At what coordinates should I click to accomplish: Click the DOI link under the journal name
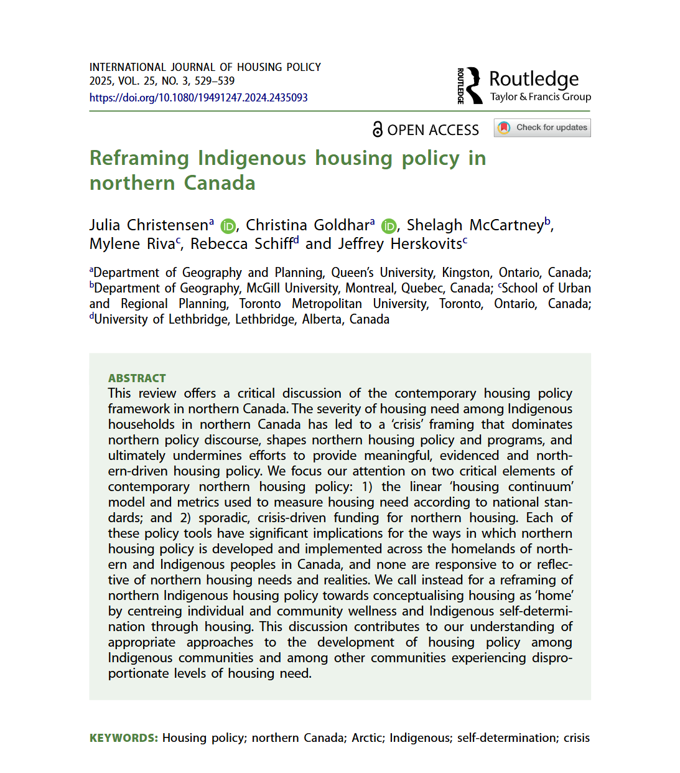pos(198,98)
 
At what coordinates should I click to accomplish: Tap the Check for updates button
pos(543,128)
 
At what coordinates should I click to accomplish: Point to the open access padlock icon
pos(377,129)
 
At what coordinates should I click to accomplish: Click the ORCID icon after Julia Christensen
pos(228,226)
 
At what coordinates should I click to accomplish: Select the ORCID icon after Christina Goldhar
pos(389,226)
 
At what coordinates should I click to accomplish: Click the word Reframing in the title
pos(139,158)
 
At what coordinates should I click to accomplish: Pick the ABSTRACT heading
pos(137,378)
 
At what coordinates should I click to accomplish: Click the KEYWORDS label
pos(123,738)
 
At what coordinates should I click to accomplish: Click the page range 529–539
pos(215,81)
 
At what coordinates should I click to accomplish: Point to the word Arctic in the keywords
pos(367,738)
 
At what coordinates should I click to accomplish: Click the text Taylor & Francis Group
pos(540,97)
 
